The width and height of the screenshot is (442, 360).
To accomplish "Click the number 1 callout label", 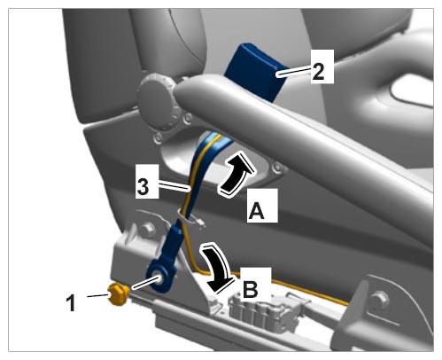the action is click(x=71, y=302).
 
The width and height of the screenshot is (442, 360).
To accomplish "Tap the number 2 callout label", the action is click(x=318, y=71).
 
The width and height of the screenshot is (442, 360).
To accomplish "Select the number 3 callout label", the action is click(x=143, y=186).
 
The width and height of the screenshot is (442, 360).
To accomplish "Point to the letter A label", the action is click(x=256, y=209).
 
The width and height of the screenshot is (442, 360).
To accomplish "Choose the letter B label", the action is click(x=251, y=286).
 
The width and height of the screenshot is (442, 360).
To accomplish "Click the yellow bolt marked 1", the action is click(x=118, y=293).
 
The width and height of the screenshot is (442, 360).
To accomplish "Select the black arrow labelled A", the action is click(x=237, y=175).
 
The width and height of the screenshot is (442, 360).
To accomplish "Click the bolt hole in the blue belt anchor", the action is click(x=160, y=278).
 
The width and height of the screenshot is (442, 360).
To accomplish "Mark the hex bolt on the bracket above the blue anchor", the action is click(x=148, y=230).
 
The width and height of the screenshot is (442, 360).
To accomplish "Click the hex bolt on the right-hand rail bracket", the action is click(x=380, y=298).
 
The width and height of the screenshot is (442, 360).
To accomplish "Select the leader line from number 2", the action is click(x=294, y=71).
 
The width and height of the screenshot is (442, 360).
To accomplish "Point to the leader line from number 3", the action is click(x=174, y=186).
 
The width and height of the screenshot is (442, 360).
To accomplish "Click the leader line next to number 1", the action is click(x=98, y=295).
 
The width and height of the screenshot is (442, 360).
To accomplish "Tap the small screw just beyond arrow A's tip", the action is click(x=277, y=168).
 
